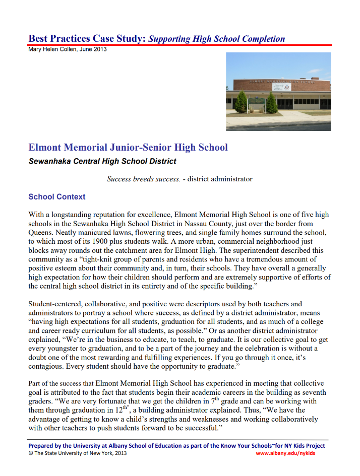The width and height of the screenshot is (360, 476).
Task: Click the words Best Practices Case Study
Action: (87, 39)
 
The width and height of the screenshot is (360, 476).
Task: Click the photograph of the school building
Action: (278, 91)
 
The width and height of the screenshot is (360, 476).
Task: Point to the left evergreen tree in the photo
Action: (242, 102)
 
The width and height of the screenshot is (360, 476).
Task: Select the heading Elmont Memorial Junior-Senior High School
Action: (128, 148)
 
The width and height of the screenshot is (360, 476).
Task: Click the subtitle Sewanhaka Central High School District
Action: (102, 162)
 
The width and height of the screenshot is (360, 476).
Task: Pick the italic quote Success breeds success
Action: (143, 179)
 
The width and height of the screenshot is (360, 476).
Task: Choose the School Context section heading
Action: (57, 197)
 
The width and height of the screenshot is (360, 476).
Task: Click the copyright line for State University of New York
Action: (78, 453)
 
